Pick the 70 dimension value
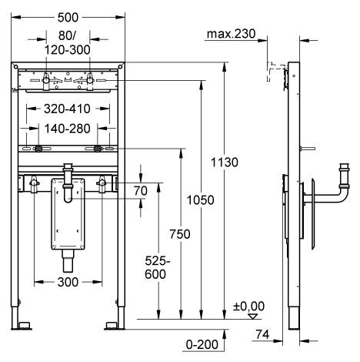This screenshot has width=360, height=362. [x=141, y=190]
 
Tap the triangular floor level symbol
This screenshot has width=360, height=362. [x=250, y=315]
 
